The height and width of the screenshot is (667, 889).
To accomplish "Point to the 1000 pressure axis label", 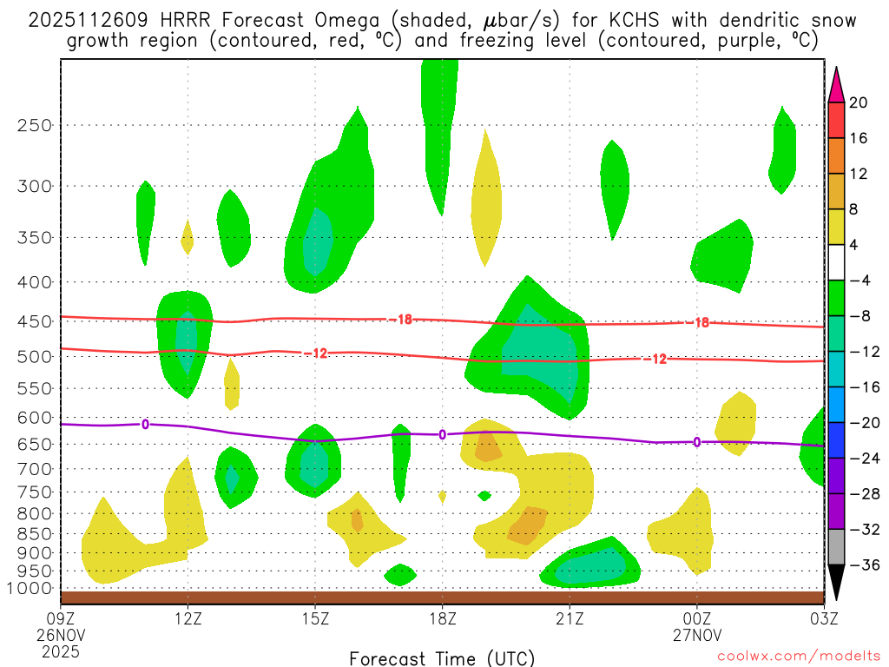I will coord(31,589).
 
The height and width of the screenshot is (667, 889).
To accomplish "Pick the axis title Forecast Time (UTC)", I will coord(442,657).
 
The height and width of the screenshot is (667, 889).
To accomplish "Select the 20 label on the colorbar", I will coord(859,102).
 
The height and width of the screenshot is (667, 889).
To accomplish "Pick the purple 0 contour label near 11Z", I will coord(145,424).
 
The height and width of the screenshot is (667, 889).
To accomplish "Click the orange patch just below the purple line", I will coord(488,448).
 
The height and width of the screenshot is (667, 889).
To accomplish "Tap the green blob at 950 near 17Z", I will coord(399,574).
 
